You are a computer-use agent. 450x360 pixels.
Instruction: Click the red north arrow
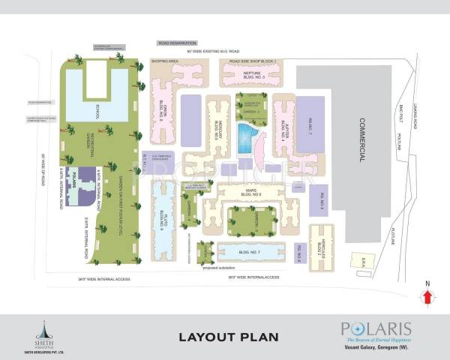(428, 296)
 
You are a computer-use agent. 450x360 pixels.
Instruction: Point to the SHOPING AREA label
(163, 61)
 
